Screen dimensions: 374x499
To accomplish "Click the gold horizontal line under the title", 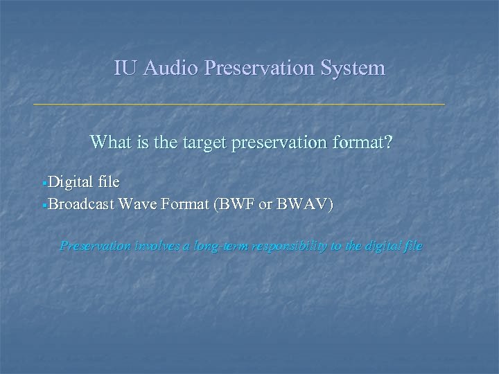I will click(239, 104).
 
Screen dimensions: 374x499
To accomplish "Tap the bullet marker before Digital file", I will click(44, 183).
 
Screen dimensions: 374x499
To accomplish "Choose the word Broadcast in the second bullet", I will click(82, 204).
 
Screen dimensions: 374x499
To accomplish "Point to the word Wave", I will click(138, 204).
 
